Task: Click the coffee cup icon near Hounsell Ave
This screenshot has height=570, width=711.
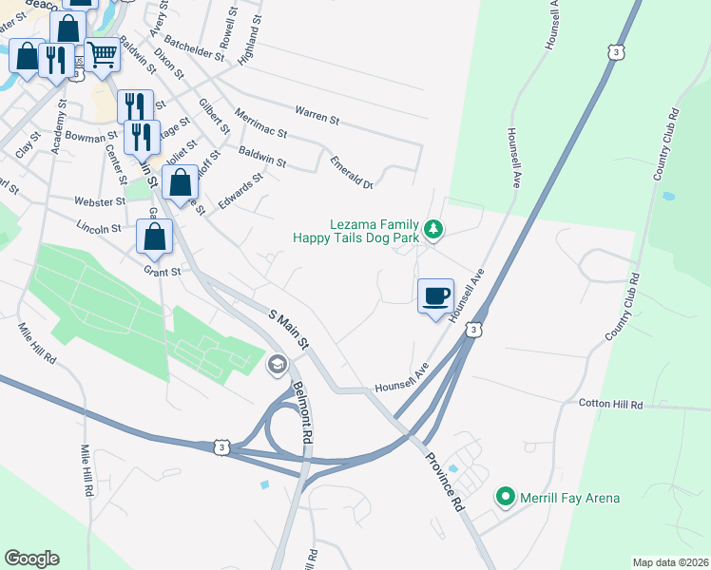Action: click(x=435, y=295)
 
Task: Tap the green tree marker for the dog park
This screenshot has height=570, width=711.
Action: click(x=433, y=228)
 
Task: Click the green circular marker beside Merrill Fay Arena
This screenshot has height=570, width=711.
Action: click(x=506, y=497)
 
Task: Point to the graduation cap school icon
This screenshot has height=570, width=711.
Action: click(x=277, y=364)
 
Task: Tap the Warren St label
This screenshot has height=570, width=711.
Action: click(x=317, y=115)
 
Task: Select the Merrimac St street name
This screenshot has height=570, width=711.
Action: click(x=260, y=123)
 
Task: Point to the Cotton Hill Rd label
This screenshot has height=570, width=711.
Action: click(x=610, y=405)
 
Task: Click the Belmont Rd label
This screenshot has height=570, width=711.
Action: click(x=302, y=413)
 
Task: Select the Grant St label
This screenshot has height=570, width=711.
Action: click(x=163, y=272)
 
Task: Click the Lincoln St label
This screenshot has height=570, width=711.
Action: click(x=99, y=228)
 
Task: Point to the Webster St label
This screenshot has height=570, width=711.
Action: click(x=100, y=201)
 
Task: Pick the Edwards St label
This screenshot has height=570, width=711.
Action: click(x=240, y=189)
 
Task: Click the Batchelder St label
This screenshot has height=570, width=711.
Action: click(x=194, y=49)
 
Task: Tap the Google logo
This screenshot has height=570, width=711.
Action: click(x=31, y=558)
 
